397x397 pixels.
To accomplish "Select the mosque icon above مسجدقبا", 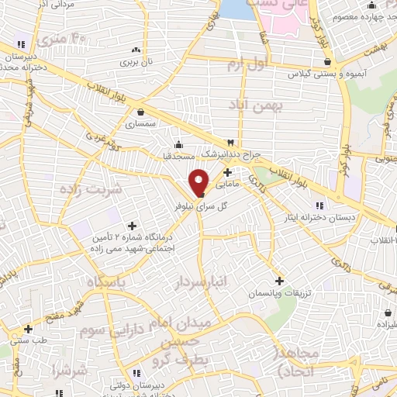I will (x=179, y=143).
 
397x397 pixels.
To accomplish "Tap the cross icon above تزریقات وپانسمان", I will (x=279, y=280).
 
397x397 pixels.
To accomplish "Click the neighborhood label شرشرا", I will (x=68, y=371).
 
